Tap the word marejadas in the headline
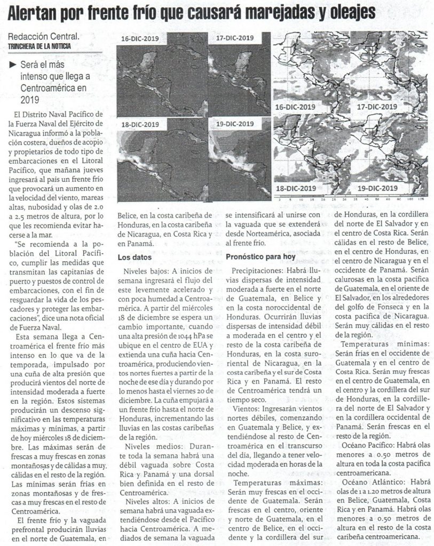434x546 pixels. [x=284, y=13]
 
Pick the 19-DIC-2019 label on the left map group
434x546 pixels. [x=235, y=124]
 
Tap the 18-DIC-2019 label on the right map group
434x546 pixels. [x=296, y=188]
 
